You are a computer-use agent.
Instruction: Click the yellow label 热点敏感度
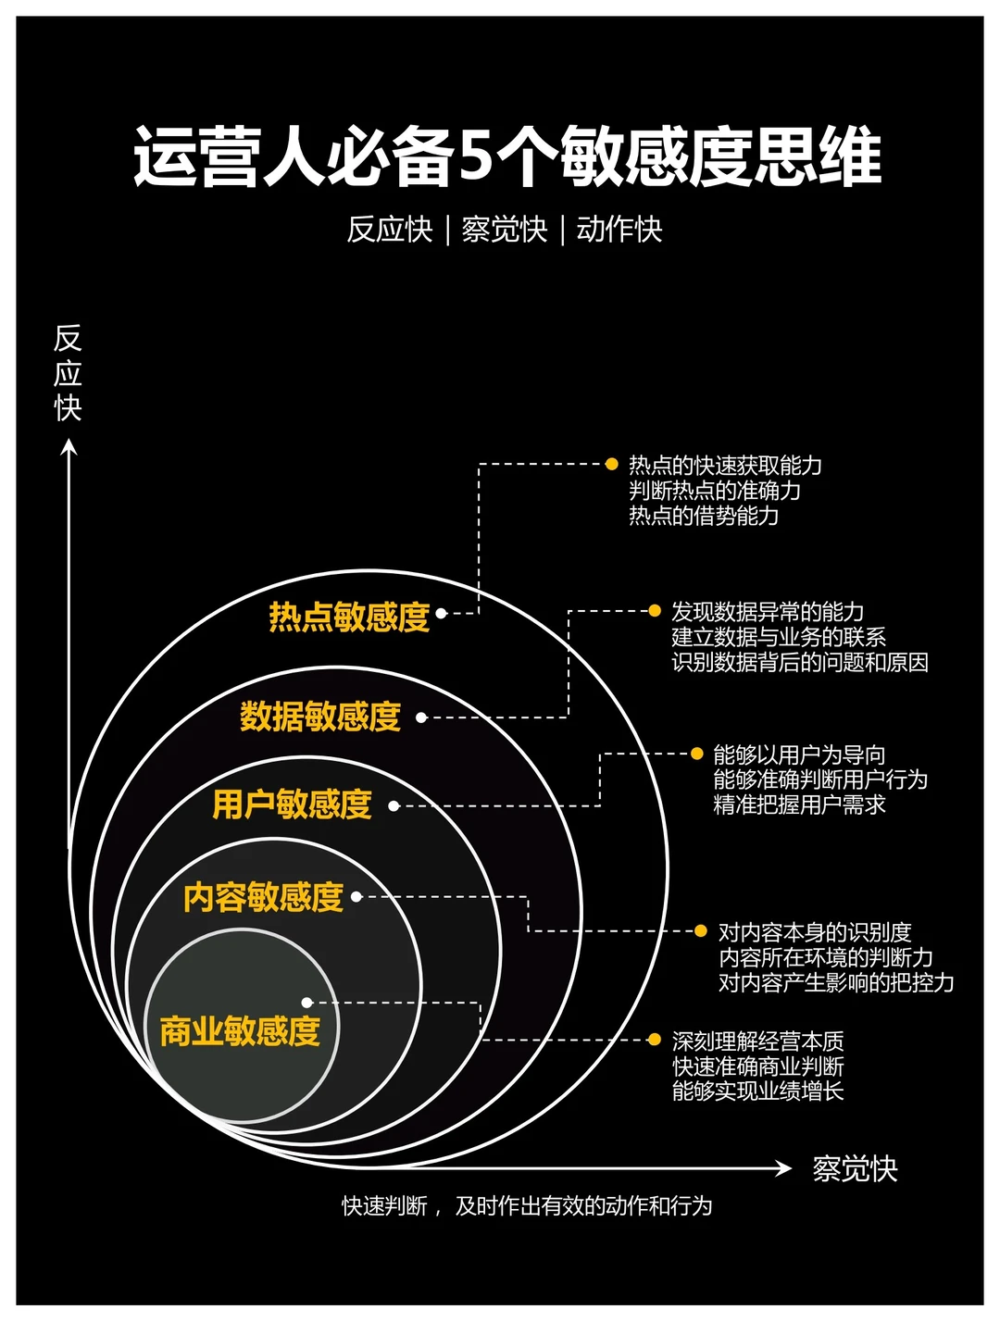coord(349,617)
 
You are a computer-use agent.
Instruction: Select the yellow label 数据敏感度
coord(320,717)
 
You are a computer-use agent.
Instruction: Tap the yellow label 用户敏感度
coord(292,804)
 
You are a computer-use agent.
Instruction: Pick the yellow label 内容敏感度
coord(263,897)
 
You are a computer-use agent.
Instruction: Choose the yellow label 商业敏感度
coord(240,1031)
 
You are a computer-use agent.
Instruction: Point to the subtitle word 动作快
coord(619,230)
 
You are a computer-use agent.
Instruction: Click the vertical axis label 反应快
coord(68,372)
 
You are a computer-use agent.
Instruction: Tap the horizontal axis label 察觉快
coord(855,1169)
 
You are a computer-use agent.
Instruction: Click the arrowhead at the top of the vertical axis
coord(69,448)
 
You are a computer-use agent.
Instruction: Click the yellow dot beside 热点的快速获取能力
coord(611,464)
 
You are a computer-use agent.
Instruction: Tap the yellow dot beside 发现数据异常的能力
coord(655,611)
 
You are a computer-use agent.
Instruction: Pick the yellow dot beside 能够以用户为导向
coord(697,754)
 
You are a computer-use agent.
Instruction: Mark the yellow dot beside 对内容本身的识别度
coord(701,930)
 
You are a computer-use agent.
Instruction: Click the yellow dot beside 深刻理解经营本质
coord(655,1040)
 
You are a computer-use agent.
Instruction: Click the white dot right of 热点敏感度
coord(442,613)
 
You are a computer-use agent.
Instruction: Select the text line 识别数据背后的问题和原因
coord(799,663)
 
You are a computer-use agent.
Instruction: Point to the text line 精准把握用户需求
coord(799,805)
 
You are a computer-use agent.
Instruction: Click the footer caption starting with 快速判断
coord(527,1206)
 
